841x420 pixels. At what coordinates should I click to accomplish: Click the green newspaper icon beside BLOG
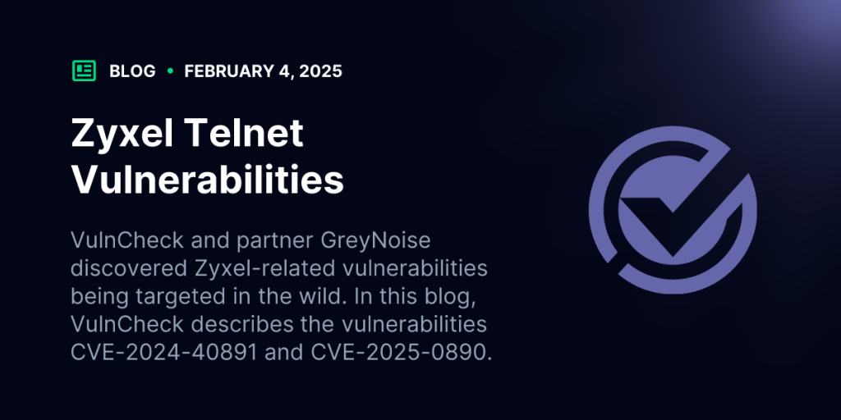(84, 71)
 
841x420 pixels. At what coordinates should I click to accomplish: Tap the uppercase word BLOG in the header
(132, 71)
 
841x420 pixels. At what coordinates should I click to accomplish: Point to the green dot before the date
(170, 71)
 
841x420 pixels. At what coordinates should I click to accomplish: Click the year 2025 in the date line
(321, 71)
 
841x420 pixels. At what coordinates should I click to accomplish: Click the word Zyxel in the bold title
(122, 134)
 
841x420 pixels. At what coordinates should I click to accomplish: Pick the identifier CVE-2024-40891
(164, 353)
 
